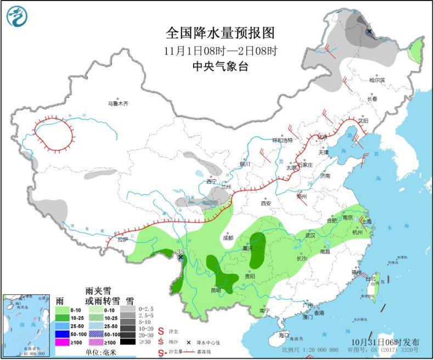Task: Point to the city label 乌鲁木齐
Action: click(x=117, y=104)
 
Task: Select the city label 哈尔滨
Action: click(x=377, y=81)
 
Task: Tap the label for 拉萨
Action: click(x=122, y=239)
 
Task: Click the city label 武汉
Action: click(x=311, y=235)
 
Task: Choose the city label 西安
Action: click(x=266, y=203)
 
